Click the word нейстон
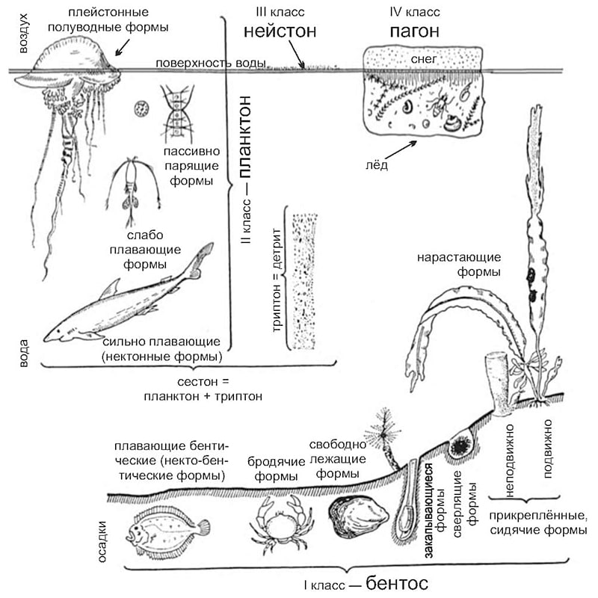click(280, 31)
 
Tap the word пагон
click(415, 31)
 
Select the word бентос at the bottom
click(397, 583)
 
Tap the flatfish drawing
click(167, 530)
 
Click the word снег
click(424, 59)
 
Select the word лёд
click(377, 164)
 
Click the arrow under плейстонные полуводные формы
click(122, 47)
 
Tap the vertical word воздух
click(24, 33)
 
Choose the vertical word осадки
click(102, 541)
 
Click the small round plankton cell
click(141, 108)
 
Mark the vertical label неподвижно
click(510, 460)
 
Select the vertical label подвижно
click(548, 449)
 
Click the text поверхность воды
click(211, 63)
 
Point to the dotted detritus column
click(304, 281)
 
